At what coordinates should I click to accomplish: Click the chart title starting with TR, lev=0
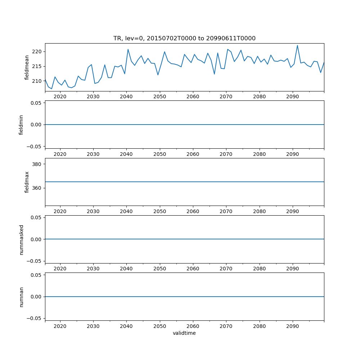point(184,39)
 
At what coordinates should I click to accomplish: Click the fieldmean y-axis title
point(27,67)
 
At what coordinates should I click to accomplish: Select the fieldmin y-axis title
point(21,125)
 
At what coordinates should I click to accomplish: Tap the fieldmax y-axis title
point(27,182)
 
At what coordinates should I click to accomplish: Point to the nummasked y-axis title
point(21,239)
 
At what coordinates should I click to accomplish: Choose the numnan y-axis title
point(21,297)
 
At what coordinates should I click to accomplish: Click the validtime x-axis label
point(184,333)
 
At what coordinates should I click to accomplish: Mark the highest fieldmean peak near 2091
point(297,45)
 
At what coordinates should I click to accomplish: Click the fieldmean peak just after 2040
point(128,49)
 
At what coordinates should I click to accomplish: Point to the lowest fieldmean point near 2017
point(51,89)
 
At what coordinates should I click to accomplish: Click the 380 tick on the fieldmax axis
point(38,164)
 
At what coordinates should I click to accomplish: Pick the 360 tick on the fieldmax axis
point(38,188)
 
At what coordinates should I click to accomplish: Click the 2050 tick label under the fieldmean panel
point(159,96)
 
